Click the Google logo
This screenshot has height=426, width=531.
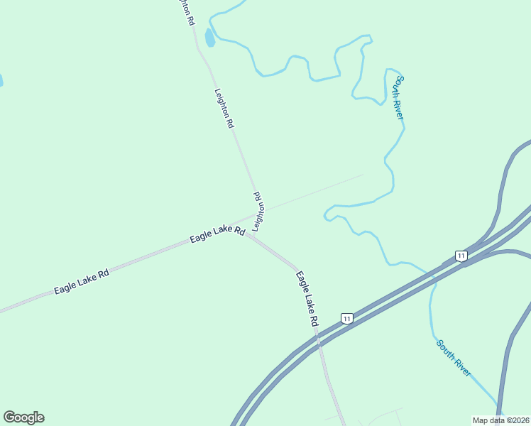[x=23, y=417]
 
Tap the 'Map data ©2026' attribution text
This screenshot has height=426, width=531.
[x=501, y=420]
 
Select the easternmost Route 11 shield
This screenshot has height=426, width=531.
[x=461, y=256]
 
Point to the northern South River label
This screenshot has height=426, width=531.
[x=400, y=97]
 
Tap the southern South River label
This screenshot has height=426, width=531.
[x=454, y=358]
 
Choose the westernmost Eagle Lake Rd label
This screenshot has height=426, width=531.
[x=82, y=282]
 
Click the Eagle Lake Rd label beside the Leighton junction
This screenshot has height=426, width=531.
[x=217, y=235]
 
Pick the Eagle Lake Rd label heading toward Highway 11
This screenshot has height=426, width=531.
[x=307, y=298]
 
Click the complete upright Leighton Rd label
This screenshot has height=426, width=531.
[x=224, y=107]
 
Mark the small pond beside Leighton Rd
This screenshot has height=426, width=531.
[x=209, y=37]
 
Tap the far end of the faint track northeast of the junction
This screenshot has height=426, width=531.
[x=363, y=175]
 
